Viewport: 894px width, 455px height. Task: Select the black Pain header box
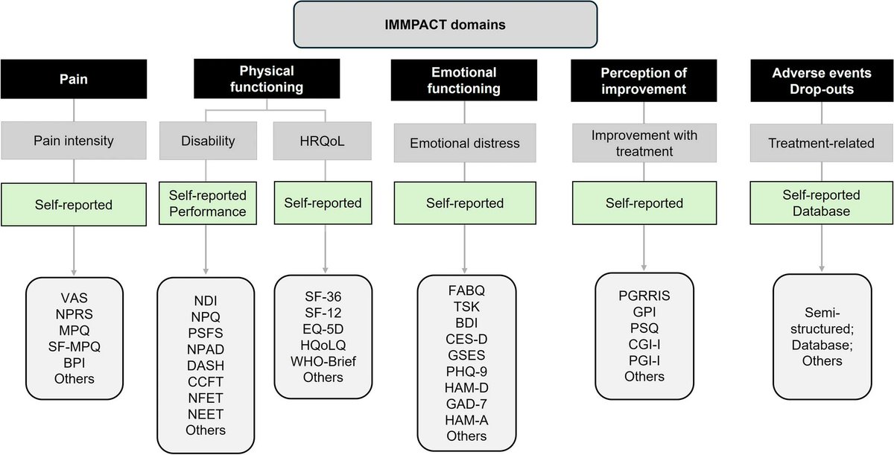(74, 78)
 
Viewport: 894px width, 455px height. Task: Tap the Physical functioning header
(266, 78)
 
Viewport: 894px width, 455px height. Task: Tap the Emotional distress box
(464, 142)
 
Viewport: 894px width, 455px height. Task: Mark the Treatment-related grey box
(822, 142)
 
